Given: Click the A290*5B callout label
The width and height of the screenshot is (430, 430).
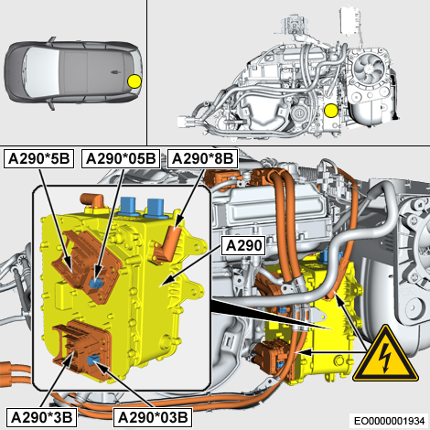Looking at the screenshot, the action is point(38,158).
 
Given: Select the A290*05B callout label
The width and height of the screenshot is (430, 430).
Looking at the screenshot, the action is point(121,158).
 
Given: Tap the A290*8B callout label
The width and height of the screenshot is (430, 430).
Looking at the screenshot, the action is point(202,158).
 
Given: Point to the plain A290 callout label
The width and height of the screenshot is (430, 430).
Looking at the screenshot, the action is point(244,245).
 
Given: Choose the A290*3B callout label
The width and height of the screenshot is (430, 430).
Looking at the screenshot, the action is point(41,417).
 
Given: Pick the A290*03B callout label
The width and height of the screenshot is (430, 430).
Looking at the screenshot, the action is point(153,417).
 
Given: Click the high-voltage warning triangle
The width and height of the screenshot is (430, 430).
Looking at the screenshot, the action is point(385,355).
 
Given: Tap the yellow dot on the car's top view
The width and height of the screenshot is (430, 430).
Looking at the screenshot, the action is point(134,81).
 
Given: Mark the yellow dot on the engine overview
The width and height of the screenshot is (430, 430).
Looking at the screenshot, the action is point(331,111).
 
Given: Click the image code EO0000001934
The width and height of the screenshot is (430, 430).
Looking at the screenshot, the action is point(389,421).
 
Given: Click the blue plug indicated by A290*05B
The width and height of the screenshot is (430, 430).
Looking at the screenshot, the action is point(96,284).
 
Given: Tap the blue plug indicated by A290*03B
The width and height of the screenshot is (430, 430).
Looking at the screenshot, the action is point(92,360).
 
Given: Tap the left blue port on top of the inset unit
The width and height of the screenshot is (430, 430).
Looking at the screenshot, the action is point(128,206).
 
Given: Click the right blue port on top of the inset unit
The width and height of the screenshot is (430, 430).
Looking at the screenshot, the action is point(156,208).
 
